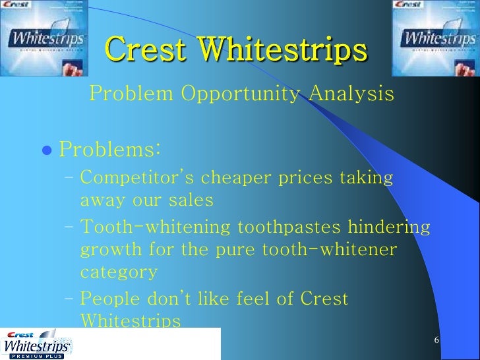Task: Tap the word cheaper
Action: [x=233, y=179]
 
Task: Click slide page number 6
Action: [x=436, y=340]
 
